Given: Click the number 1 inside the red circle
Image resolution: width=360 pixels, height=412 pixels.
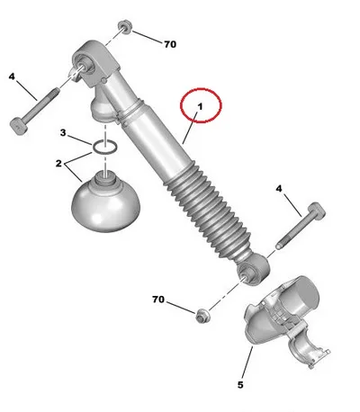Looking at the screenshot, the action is [x=201, y=106].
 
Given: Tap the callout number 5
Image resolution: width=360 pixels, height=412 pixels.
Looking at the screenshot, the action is [x=240, y=385].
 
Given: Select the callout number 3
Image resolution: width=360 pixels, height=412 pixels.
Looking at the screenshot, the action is [x=63, y=132].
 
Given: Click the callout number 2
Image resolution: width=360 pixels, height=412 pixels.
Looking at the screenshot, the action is [x=58, y=164].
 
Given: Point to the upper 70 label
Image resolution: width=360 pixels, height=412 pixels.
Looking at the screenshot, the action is [x=170, y=44].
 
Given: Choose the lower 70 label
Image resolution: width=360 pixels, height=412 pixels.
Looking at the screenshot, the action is [x=158, y=300].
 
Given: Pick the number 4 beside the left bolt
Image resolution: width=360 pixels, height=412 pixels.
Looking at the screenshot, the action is [x=12, y=76].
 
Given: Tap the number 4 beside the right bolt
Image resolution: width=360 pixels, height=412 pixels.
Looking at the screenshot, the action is [x=279, y=189].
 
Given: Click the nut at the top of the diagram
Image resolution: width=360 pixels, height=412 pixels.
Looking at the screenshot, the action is [x=124, y=27].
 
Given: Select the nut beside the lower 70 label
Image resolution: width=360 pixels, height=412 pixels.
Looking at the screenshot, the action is [x=202, y=315].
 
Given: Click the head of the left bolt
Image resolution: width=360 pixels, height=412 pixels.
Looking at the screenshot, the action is [x=19, y=126].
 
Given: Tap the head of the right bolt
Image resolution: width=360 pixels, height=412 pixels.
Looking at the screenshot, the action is [x=317, y=210].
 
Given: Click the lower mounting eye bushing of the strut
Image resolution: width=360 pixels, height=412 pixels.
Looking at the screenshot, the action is [x=254, y=270].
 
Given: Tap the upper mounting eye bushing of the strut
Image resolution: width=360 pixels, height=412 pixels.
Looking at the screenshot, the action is [x=86, y=64].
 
